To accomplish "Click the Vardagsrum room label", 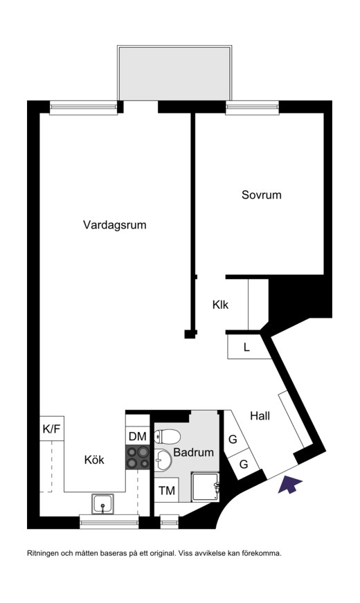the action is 115,225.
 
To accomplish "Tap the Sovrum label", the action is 262,195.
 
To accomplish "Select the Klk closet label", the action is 220,305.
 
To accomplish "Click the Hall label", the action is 260,415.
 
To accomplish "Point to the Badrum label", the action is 193,452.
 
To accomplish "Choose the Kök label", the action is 94,460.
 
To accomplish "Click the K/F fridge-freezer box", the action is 52,429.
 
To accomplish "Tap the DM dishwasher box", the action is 138,436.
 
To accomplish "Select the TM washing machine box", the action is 167,490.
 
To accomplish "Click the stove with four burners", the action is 138,458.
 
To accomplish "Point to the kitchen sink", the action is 102,504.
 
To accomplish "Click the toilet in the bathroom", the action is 168,436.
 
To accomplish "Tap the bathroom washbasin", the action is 163,460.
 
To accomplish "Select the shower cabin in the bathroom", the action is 206,487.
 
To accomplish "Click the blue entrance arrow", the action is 289,484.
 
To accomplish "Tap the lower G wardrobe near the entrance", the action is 244,464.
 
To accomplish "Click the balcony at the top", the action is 175,73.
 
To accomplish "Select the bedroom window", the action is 252,108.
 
